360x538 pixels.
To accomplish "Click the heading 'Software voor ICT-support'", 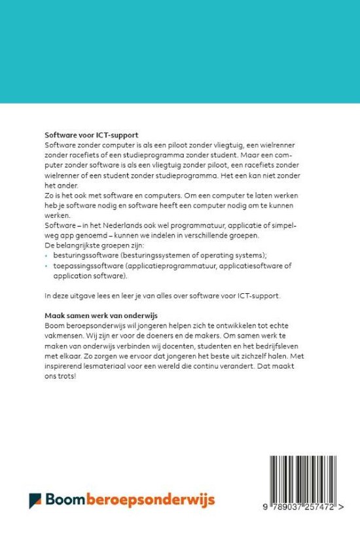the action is point(92,134).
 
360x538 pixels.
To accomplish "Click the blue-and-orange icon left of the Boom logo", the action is point(35,501).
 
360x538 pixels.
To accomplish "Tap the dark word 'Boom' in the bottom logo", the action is point(65,501).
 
